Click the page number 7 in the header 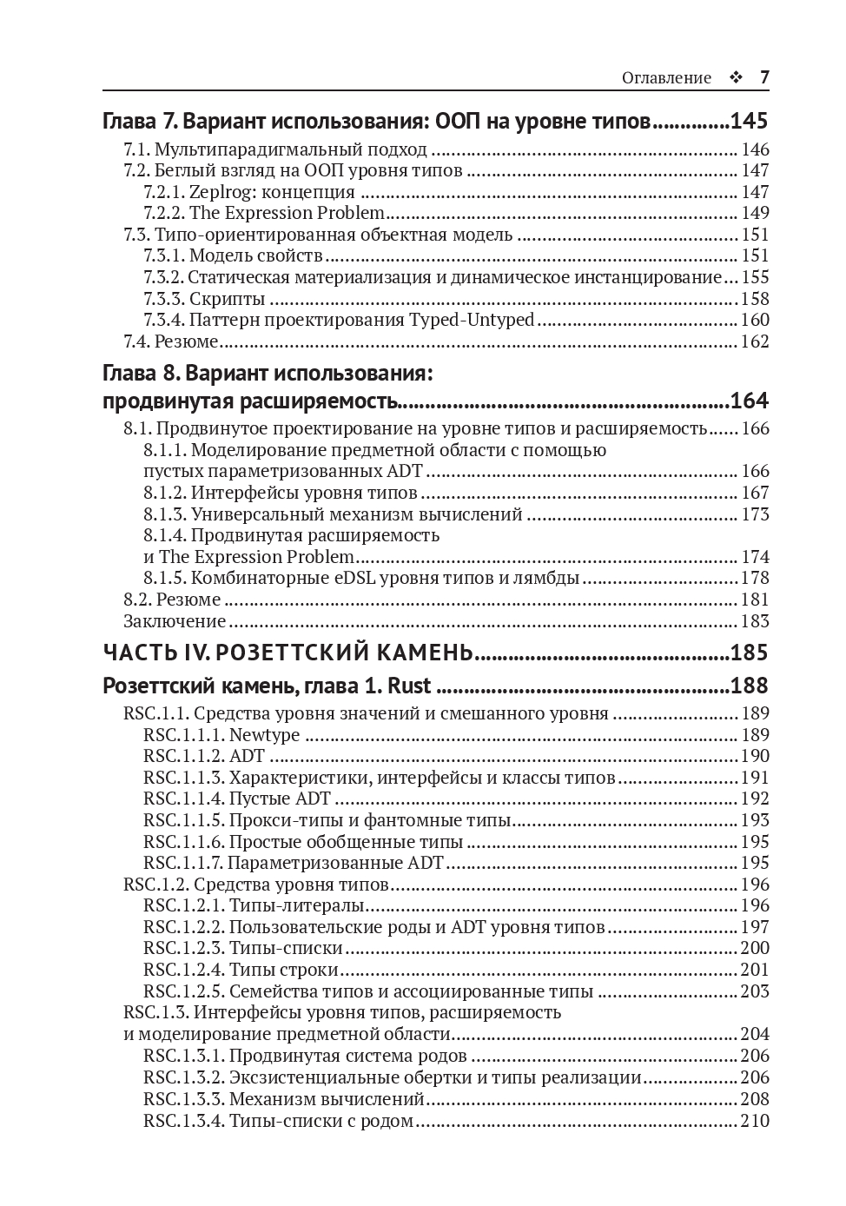(x=764, y=77)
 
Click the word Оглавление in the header (x=666, y=78)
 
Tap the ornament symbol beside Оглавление (x=736, y=78)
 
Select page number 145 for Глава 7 (x=749, y=121)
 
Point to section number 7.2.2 (x=164, y=213)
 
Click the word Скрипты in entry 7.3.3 (x=228, y=299)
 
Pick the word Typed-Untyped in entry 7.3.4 (x=472, y=320)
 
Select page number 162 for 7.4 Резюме (x=755, y=341)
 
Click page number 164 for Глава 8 (x=749, y=401)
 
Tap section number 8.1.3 (x=165, y=514)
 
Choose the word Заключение (x=175, y=621)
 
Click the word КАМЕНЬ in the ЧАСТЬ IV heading (x=415, y=653)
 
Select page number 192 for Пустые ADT (x=755, y=798)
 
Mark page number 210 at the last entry (x=755, y=1121)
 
